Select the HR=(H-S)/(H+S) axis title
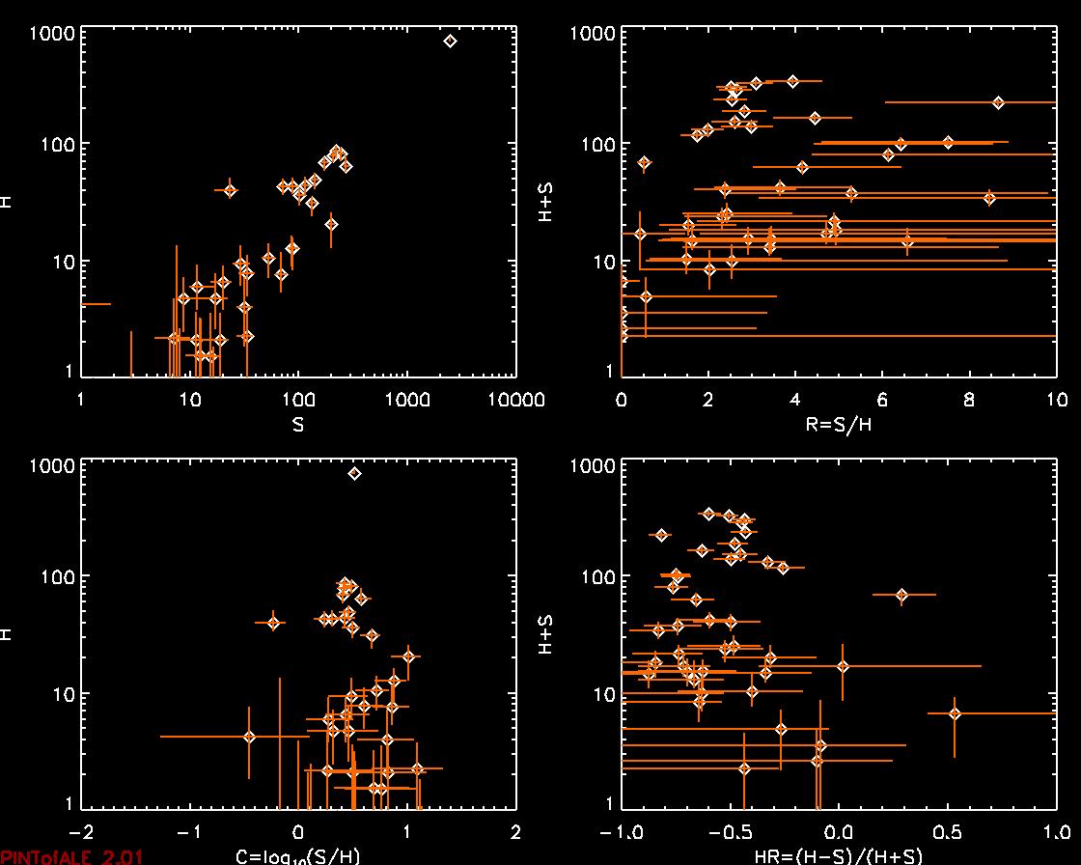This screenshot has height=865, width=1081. (838, 856)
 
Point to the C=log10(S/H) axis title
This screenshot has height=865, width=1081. (297, 856)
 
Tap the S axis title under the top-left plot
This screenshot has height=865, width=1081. (298, 424)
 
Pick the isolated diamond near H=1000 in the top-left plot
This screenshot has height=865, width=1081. (450, 41)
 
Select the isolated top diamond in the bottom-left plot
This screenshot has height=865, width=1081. (354, 473)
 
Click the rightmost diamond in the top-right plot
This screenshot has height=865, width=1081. (998, 102)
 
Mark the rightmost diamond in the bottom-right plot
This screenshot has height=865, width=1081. (955, 713)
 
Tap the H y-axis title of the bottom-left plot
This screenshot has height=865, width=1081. (8, 634)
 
